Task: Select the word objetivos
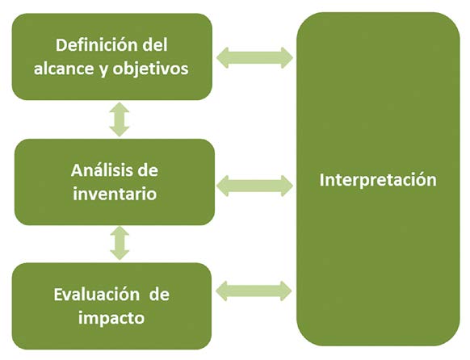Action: click(x=150, y=69)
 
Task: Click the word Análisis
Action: click(x=102, y=170)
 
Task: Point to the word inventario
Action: click(x=115, y=194)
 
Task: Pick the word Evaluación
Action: click(x=97, y=294)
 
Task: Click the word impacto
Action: click(x=111, y=318)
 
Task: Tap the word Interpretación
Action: click(x=378, y=180)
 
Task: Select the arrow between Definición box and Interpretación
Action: click(x=254, y=58)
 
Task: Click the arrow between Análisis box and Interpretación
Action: click(x=254, y=186)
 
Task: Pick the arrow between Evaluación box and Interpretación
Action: click(x=254, y=291)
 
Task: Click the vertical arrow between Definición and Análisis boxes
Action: click(x=120, y=119)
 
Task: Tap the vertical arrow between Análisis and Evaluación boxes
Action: click(x=120, y=243)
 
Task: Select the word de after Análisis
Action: click(x=148, y=170)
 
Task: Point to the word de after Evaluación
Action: click(x=159, y=294)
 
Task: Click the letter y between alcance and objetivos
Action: click(x=103, y=71)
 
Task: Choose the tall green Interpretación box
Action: click(x=378, y=179)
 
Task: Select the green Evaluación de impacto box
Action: click(x=111, y=306)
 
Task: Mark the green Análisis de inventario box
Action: click(x=115, y=182)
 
